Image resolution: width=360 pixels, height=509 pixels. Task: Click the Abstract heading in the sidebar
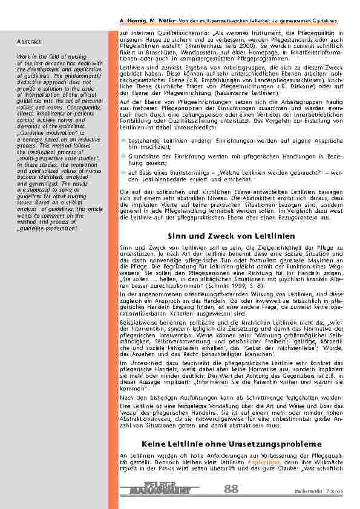click(x=29, y=42)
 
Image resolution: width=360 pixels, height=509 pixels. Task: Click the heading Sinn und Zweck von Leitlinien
click(x=232, y=236)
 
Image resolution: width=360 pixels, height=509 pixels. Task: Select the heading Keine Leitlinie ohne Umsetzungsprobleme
click(x=232, y=445)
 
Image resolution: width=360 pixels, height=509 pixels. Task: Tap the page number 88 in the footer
click(x=231, y=488)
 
